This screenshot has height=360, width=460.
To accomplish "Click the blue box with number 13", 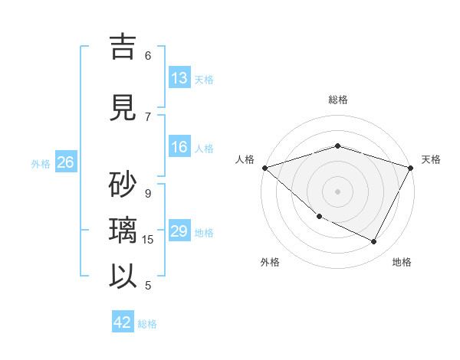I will click(179, 78).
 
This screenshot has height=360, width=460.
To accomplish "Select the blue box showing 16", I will click(179, 147).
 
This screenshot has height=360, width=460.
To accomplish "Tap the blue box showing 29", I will click(179, 231).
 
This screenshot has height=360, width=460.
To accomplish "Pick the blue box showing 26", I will click(65, 162).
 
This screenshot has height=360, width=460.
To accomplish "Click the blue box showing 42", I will click(123, 322).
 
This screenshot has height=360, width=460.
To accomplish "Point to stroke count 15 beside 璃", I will click(149, 240).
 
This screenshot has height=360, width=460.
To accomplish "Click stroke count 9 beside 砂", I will click(148, 194).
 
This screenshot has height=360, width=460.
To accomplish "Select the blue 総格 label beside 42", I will click(147, 324).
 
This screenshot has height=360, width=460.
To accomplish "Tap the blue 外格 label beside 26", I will click(41, 163).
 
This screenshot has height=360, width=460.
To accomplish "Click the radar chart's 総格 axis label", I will click(338, 100).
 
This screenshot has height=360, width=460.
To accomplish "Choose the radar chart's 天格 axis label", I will click(432, 159).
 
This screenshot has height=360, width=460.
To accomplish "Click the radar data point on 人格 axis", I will click(264, 168).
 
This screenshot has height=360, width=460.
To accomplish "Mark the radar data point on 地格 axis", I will click(374, 242).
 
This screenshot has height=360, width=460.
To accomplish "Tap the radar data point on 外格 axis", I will click(319, 217).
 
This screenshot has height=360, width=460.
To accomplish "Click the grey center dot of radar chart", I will click(338, 191).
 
